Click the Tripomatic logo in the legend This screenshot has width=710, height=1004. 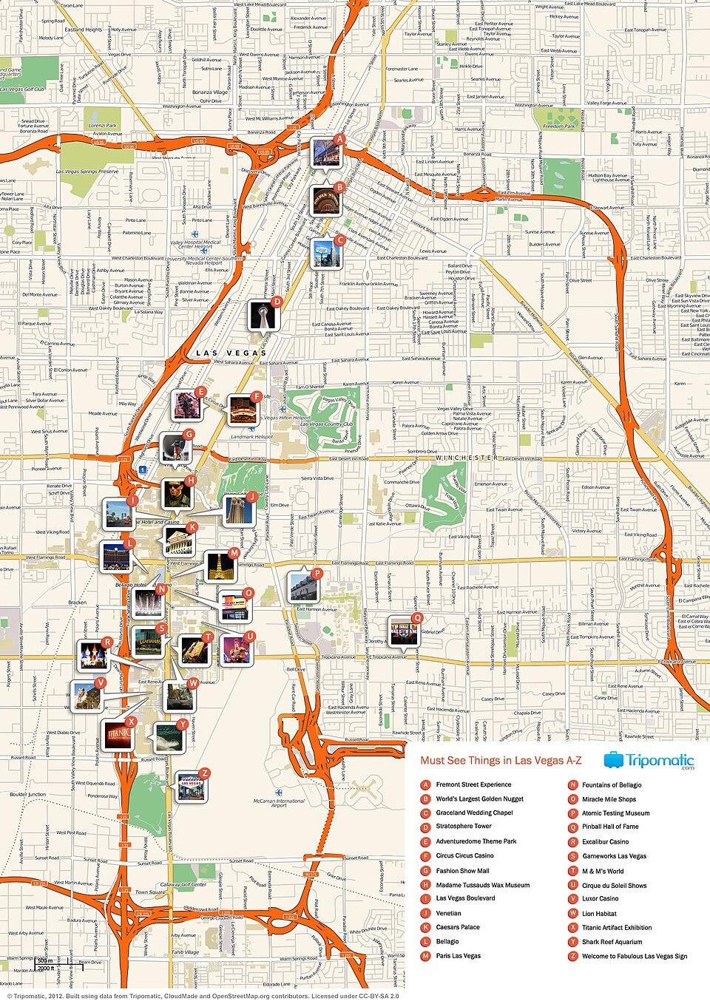coord(649,761)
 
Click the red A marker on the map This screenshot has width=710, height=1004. coord(339,139)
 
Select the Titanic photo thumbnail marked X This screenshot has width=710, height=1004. coord(118,735)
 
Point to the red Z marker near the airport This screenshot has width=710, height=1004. coord(205,773)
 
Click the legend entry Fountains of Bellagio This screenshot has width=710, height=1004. coord(612,785)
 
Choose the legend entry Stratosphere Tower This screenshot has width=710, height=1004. coord(464,827)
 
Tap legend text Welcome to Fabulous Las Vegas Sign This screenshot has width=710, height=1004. coord(634,957)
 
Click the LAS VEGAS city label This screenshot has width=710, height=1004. coord(231,353)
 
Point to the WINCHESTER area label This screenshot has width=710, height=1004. coord(466,458)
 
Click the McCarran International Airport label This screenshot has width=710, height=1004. coord(279,803)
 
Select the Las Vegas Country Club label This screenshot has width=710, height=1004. coord(326,424)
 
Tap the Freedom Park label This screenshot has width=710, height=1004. coord(558,126)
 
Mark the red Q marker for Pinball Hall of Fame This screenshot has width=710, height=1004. coord(417,618)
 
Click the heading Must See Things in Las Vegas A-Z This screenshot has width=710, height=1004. coord(501,761)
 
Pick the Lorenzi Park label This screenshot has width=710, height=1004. coord(103,126)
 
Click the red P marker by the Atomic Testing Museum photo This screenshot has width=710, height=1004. coord(317,573)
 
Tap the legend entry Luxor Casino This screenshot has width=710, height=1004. coord(600,899)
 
